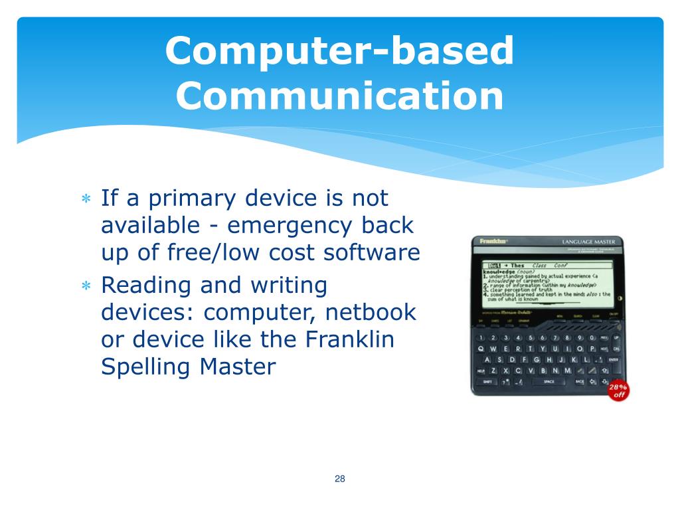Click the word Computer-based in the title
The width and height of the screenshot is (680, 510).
339,51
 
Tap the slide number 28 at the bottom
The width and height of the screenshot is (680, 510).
340,479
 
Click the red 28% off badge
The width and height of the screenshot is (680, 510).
618,390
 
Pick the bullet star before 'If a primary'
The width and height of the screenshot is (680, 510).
86,199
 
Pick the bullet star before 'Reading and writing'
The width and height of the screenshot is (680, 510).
86,286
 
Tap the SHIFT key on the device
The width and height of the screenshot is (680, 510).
487,382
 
